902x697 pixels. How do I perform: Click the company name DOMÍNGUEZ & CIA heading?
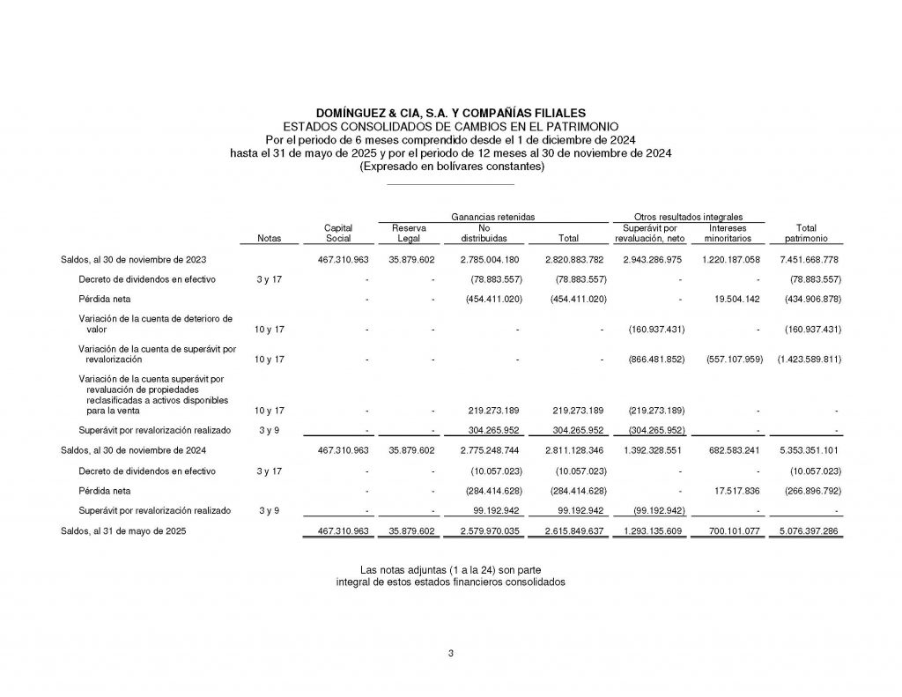tap(450, 114)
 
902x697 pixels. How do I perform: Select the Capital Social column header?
tap(338, 233)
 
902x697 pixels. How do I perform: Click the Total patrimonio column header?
tap(805, 233)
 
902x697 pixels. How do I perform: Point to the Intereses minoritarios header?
tap(727, 233)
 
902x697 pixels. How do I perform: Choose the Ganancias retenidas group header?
tap(493, 217)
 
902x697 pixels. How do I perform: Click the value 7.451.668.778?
tap(809, 260)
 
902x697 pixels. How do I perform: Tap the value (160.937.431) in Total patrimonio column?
tap(809, 329)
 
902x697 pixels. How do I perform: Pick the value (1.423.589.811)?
tap(808, 360)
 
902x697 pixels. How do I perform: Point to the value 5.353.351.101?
tap(809, 450)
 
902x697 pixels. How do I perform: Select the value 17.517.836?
tap(734, 491)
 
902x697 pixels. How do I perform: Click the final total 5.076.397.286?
tap(809, 531)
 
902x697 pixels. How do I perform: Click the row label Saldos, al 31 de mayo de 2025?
tap(123, 531)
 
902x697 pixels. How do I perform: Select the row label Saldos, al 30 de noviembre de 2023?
tap(134, 260)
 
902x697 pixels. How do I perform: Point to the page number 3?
tap(450, 653)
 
